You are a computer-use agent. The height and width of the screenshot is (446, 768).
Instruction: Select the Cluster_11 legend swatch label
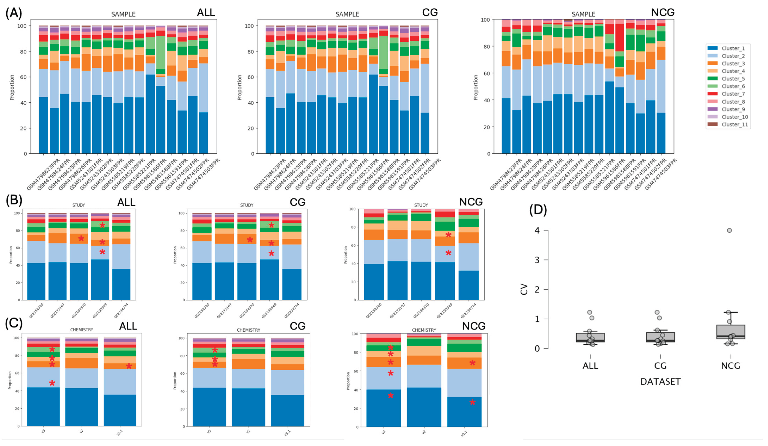(734, 124)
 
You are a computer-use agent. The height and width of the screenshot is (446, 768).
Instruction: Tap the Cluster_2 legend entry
(733, 56)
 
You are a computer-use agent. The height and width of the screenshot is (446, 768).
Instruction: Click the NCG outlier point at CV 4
(729, 230)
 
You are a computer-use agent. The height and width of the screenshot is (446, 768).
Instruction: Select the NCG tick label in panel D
(731, 365)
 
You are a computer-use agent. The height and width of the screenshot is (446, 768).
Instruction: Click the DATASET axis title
(660, 382)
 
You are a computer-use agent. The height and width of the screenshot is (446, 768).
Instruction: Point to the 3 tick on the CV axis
(537, 260)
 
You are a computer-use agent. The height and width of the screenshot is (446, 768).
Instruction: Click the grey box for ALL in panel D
(590, 337)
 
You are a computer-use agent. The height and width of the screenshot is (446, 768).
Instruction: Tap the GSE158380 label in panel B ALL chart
(36, 311)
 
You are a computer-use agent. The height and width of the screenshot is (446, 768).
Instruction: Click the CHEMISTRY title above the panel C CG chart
(248, 330)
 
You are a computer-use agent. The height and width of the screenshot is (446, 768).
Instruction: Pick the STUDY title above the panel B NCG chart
(421, 205)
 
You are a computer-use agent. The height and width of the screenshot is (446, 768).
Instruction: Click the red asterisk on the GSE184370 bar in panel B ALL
(81, 238)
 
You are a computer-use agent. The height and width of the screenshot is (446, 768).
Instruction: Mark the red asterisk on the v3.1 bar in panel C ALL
(129, 366)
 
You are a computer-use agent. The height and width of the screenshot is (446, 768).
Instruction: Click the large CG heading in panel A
(430, 13)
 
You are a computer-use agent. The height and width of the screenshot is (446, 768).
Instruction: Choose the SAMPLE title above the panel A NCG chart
(583, 14)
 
